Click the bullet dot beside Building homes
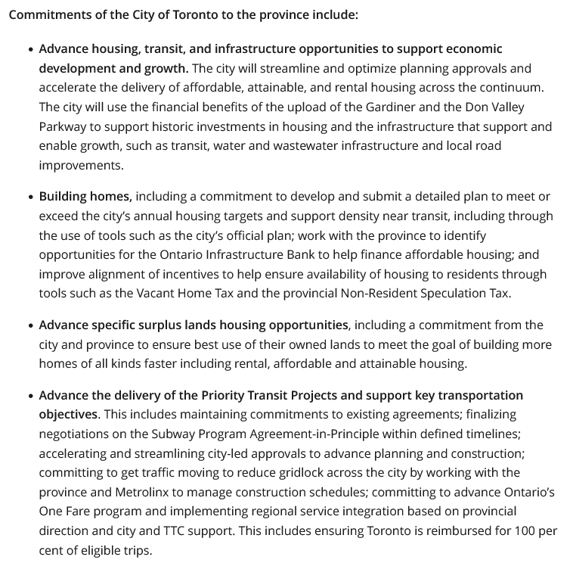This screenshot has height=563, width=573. point(30,197)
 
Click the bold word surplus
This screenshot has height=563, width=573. point(198,325)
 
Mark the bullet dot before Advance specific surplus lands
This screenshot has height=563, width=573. point(30,325)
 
